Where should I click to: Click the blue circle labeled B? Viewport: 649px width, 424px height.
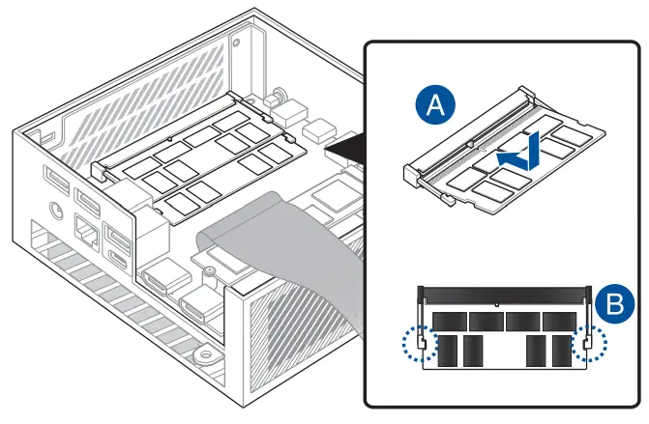pos(612,306)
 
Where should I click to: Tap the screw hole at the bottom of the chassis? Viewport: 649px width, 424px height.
pos(202,356)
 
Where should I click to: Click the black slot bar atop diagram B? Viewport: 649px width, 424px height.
pos(504,293)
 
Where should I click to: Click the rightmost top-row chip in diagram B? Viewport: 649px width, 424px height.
pos(559,321)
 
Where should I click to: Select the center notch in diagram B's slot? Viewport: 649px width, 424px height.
pos(496,303)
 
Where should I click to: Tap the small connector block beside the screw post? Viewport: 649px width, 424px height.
pos(317,127)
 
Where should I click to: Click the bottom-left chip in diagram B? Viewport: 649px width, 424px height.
pos(446,351)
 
